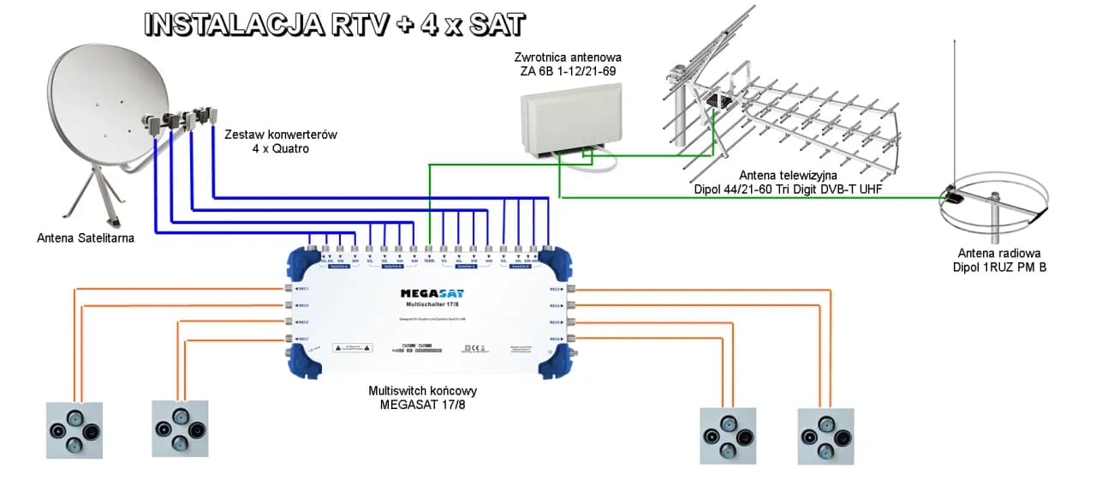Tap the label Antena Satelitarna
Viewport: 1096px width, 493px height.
(x=86, y=237)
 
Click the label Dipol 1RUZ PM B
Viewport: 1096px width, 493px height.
(x=998, y=268)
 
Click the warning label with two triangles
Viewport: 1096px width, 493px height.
(x=352, y=348)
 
